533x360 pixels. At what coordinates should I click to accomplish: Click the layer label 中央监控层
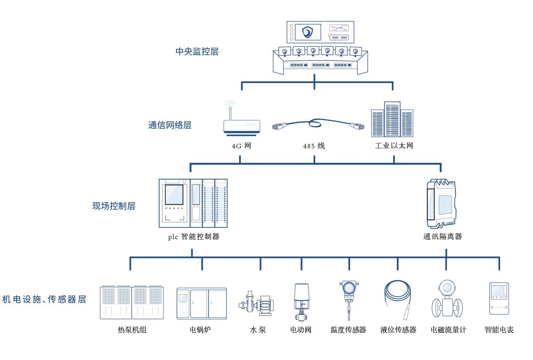tap(197, 52)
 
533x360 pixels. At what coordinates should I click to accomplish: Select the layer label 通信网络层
tap(169, 125)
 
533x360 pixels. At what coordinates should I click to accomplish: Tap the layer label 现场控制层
tap(114, 206)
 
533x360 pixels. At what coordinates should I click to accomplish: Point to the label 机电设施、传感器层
tap(44, 300)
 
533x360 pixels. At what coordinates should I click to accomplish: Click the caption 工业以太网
tap(394, 146)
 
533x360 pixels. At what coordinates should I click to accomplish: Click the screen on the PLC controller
tap(174, 194)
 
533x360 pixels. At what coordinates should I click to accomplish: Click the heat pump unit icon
tap(132, 302)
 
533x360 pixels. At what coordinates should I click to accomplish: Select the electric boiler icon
tap(202, 303)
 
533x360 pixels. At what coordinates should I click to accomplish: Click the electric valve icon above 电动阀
tap(301, 302)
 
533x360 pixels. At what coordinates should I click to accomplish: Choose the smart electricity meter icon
tap(499, 298)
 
